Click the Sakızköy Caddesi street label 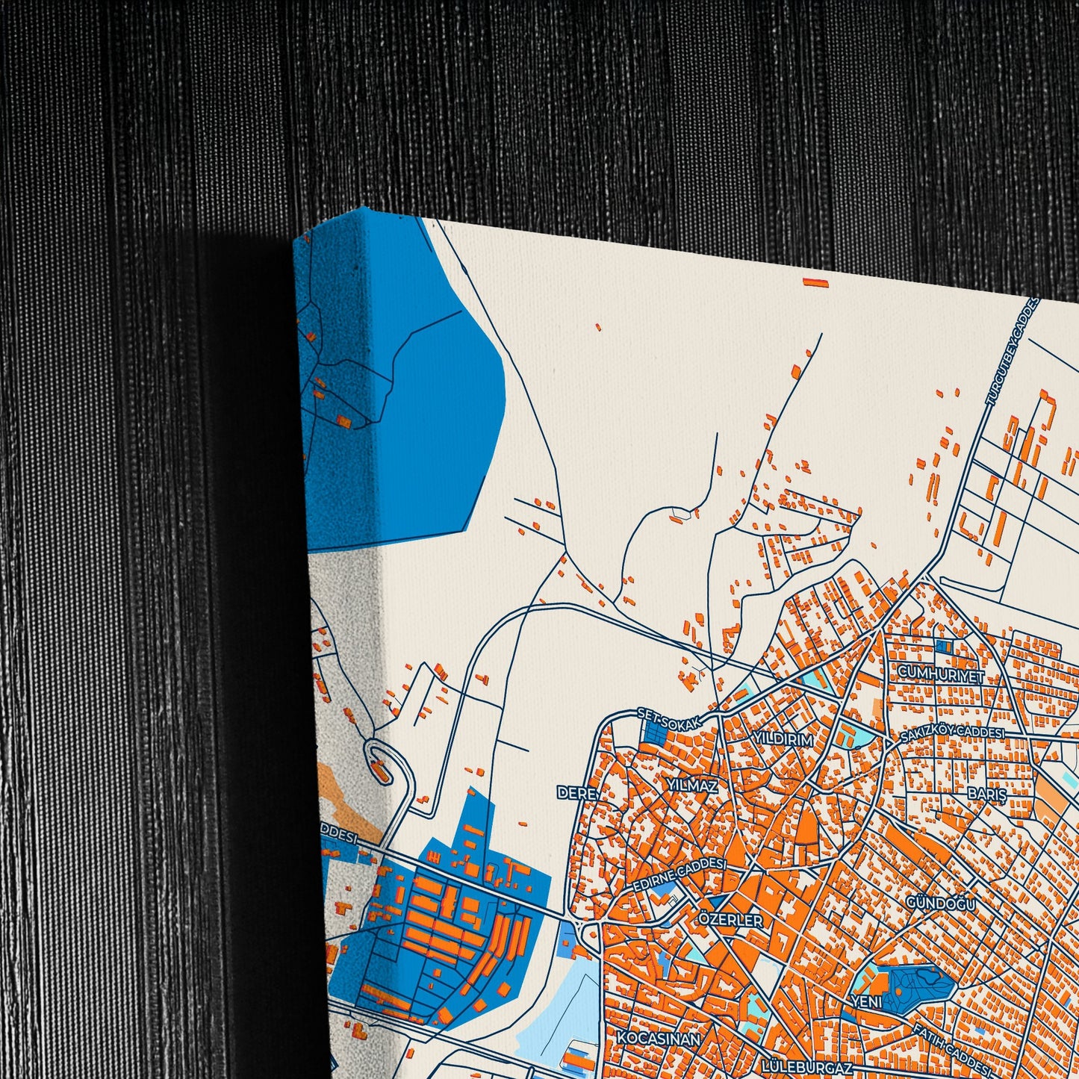pos(951,735)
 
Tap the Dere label pos(577,792)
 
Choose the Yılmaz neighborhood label pos(692,786)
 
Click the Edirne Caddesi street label pos(679,874)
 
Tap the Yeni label pos(866,1001)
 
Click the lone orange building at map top pos(816,282)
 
